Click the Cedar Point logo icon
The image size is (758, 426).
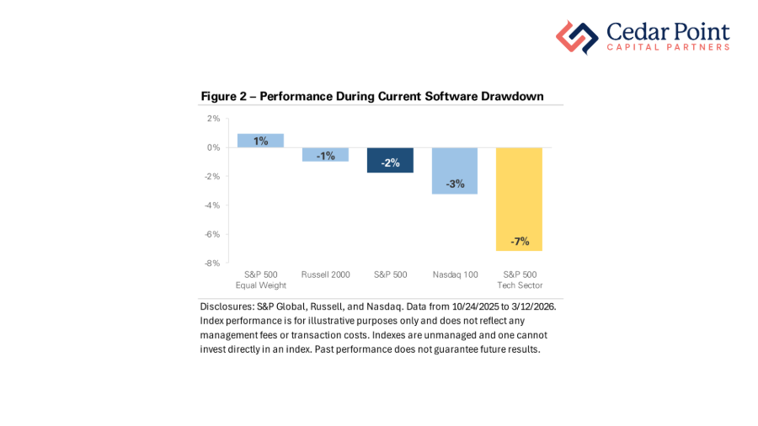577,37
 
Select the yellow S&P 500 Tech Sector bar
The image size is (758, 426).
519,199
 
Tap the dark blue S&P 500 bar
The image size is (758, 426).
390,160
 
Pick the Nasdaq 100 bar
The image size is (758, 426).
455,171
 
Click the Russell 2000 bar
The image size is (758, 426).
325,154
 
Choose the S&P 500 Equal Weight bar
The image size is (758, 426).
260,141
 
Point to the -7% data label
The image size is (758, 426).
520,242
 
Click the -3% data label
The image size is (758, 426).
455,184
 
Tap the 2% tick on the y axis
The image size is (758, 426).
213,119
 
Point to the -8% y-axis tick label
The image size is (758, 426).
212,263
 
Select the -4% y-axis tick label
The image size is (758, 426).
212,205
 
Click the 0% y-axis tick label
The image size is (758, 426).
213,147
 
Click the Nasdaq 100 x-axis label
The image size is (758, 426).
455,274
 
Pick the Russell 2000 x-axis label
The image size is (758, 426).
325,274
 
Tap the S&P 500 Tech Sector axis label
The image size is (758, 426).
519,280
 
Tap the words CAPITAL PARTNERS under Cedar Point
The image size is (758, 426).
668,48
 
